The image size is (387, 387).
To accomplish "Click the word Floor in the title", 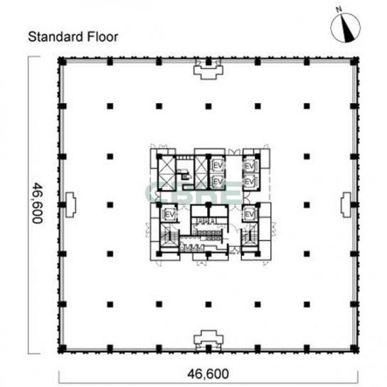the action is [102, 37].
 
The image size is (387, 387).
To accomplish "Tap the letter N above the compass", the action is [339, 9].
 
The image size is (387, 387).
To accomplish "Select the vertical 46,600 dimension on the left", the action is [38, 203].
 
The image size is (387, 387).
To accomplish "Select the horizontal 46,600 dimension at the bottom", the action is [208, 373].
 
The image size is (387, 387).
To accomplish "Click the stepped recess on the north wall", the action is [208, 70].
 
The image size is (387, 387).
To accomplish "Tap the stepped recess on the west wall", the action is [71, 205].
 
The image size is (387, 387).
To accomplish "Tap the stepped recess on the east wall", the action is [346, 205].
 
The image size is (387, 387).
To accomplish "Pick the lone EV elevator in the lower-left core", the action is [169, 214].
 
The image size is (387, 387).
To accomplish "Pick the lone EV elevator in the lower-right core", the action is [249, 214].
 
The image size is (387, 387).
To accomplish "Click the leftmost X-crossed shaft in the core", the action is [166, 174].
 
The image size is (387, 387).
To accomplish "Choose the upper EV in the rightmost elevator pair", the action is [250, 166].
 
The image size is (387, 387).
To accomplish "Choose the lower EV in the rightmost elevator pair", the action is [250, 181].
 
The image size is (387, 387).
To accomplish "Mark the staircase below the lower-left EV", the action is [169, 235].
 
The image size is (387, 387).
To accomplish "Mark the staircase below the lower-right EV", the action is [250, 236].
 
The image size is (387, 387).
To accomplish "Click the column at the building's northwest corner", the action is [62, 61].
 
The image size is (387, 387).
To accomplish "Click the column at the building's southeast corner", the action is [354, 349].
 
